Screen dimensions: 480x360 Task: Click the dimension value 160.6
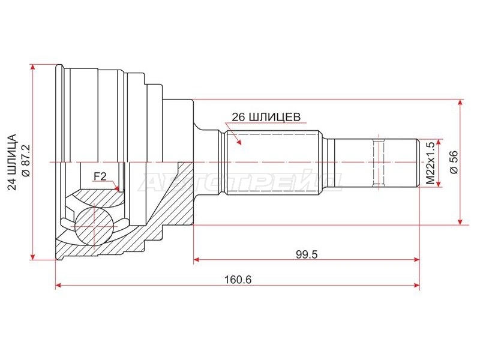point(238,279)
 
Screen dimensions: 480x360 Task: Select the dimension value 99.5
point(307,254)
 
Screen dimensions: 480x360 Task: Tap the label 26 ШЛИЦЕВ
point(266,117)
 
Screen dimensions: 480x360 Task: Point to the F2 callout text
point(100,176)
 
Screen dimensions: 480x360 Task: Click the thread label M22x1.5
point(430,163)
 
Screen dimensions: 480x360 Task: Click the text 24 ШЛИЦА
point(12,162)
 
